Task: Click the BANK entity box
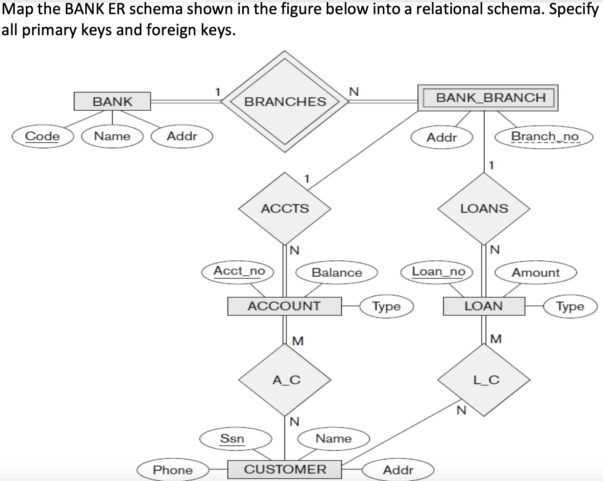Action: (112, 101)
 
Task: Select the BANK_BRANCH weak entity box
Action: (488, 98)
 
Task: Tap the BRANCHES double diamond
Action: (285, 101)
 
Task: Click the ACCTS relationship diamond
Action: (285, 208)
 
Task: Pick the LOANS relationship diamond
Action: (484, 208)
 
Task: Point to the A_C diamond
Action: (285, 380)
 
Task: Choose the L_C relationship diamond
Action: (484, 380)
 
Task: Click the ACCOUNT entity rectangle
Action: (284, 306)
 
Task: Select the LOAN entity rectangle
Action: (484, 306)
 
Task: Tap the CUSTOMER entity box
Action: (284, 469)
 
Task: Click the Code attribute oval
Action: (43, 136)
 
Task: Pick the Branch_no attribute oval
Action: (544, 137)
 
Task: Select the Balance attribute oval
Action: (337, 273)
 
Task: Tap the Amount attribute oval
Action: (536, 273)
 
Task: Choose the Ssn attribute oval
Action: (235, 439)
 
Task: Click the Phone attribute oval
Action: (173, 470)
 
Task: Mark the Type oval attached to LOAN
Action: (570, 307)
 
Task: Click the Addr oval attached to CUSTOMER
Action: (398, 470)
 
